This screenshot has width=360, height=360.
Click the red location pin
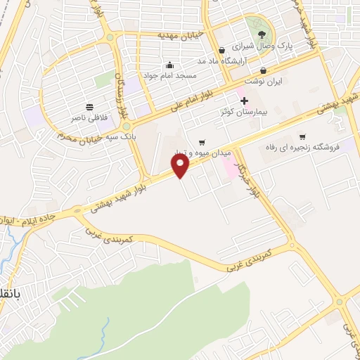tap(181, 166)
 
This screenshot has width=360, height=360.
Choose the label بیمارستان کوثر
tap(244, 112)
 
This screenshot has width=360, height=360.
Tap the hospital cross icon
tap(244, 101)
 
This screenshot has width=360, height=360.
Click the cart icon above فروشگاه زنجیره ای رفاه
tap(302, 137)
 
